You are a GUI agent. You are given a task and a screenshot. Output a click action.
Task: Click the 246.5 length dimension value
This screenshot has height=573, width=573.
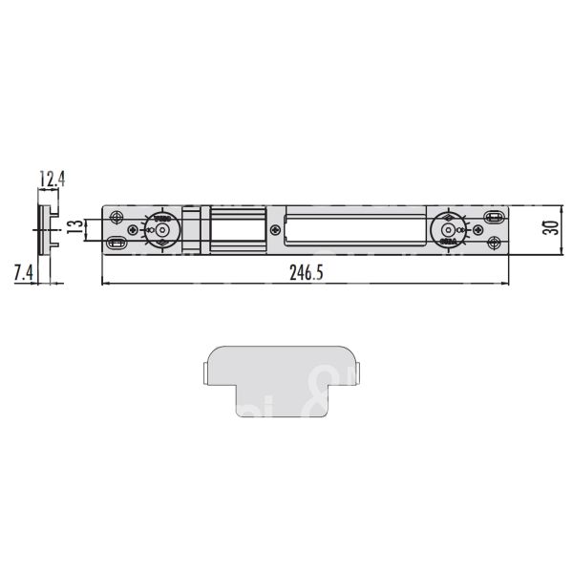tap(307, 272)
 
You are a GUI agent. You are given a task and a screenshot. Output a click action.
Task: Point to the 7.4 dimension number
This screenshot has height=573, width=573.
tap(23, 272)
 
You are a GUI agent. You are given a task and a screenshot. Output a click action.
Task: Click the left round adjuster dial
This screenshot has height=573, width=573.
tap(159, 230)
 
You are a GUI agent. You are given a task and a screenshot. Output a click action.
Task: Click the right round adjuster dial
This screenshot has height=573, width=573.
tap(447, 230)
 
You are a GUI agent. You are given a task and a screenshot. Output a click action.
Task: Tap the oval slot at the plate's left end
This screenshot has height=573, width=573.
tap(117, 243)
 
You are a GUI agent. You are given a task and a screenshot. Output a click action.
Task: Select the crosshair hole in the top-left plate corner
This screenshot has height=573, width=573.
tap(117, 217)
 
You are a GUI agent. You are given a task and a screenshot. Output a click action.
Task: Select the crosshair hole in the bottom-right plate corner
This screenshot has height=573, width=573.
tap(493, 244)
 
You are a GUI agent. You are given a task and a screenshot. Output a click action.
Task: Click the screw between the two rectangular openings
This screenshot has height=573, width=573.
tap(275, 230)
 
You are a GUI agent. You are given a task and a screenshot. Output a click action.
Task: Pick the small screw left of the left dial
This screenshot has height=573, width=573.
tap(132, 230)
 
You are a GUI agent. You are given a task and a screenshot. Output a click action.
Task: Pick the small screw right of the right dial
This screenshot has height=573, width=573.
tap(475, 230)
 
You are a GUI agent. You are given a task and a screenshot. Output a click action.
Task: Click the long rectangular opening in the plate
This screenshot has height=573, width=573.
tap(353, 230)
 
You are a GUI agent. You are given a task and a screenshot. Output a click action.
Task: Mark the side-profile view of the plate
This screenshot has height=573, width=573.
tap(45, 229)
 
